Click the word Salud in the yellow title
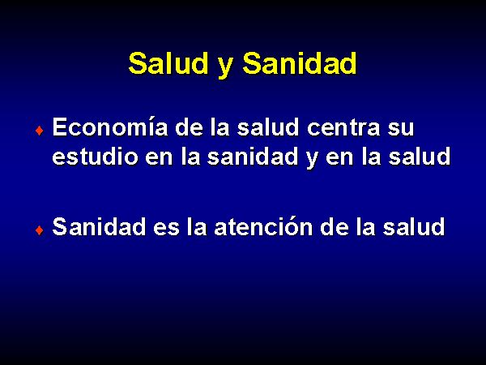tap(168, 63)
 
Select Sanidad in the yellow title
tap(300, 63)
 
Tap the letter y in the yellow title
tap(225, 67)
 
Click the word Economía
tap(110, 127)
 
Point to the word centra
tap(343, 127)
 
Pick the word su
tap(401, 130)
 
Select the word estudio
tap(95, 156)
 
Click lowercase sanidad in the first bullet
tap(253, 156)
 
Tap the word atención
tap(264, 226)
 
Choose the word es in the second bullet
tap(166, 229)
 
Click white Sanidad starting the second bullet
tap(99, 226)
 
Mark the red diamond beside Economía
tap(40, 131)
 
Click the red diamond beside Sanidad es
tap(40, 230)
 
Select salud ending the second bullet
tap(414, 226)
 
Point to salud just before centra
tap(268, 127)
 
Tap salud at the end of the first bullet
tap(420, 156)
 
